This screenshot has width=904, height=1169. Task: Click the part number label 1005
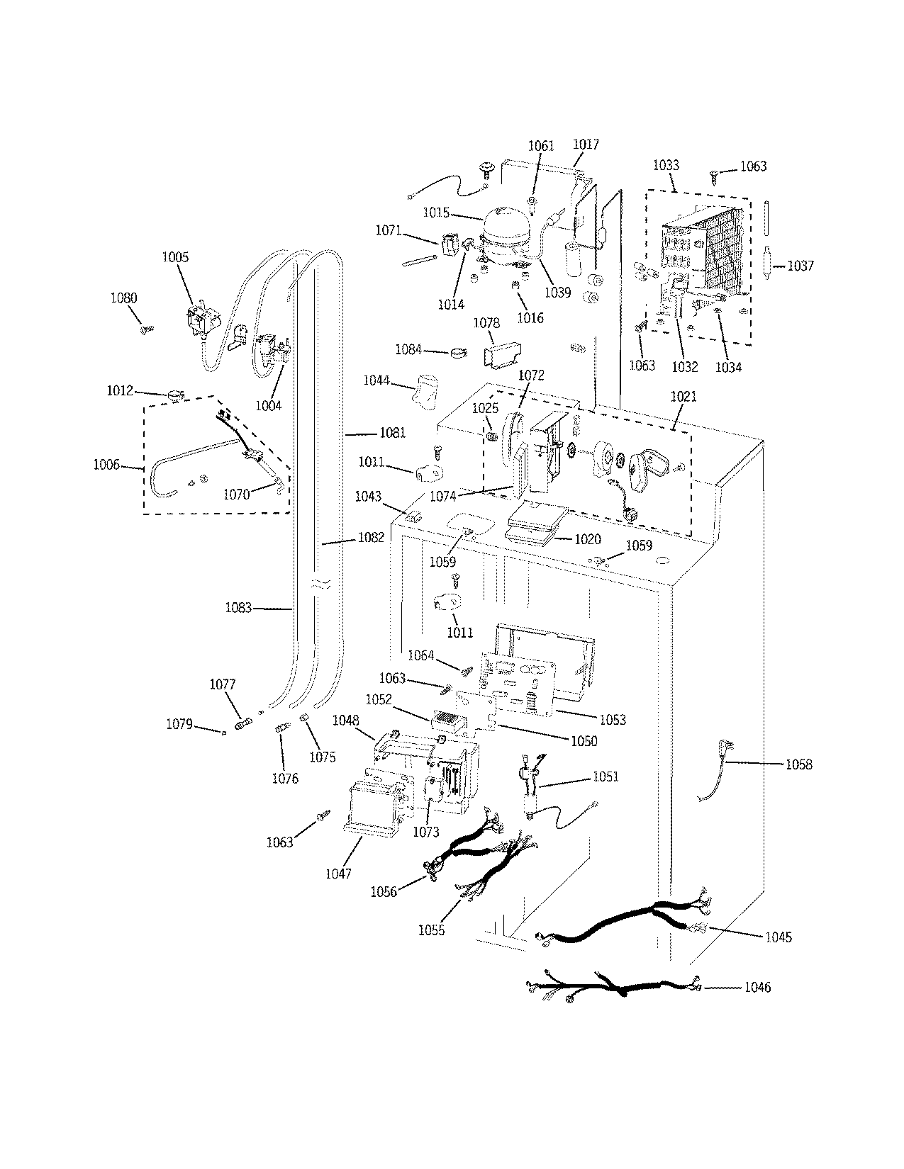click(x=175, y=256)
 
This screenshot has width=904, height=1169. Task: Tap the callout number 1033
click(x=665, y=165)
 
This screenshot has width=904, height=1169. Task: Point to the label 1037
click(x=800, y=266)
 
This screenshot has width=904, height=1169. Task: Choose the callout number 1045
click(x=778, y=937)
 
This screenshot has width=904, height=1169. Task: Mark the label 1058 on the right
click(x=799, y=764)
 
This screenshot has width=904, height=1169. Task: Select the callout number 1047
click(x=338, y=874)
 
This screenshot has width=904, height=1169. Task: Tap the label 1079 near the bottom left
click(x=179, y=724)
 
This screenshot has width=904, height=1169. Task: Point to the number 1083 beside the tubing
click(x=239, y=607)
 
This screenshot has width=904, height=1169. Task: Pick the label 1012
click(x=121, y=390)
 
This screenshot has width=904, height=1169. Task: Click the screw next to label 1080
click(x=147, y=328)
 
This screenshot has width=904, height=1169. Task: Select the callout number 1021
click(x=683, y=397)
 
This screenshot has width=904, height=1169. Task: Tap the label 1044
click(x=376, y=380)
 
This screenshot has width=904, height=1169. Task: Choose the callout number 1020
click(x=587, y=539)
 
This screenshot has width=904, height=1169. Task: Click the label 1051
click(x=605, y=776)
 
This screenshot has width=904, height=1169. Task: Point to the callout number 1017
click(x=586, y=144)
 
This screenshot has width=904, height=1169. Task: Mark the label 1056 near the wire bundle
click(x=384, y=892)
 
